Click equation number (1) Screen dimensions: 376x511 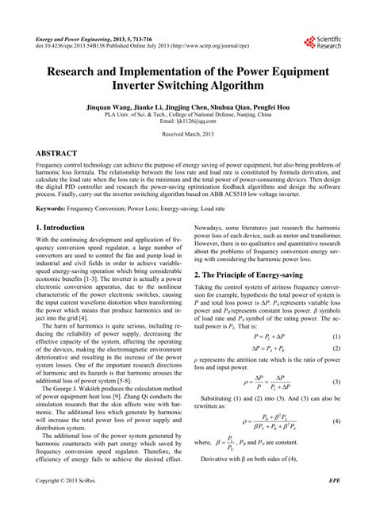pos(336,337)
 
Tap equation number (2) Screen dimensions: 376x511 pos(336,349)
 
